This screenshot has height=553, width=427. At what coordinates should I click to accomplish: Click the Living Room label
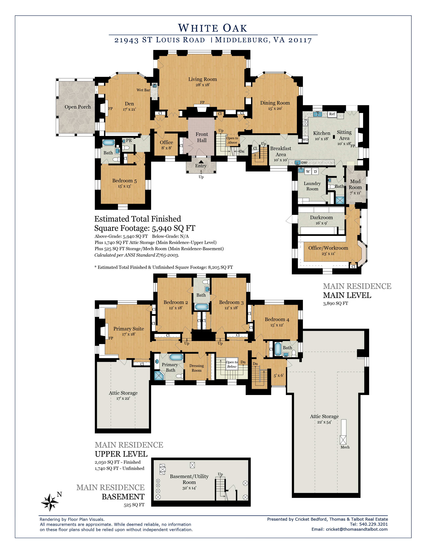[x=202, y=79]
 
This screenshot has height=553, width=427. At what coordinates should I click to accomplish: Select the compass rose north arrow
[x=50, y=502]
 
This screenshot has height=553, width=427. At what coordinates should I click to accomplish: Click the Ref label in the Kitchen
[x=332, y=114]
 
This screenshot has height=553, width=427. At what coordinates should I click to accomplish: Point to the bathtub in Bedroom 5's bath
[x=109, y=143]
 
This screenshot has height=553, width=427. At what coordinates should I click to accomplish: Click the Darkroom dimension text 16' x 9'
[x=321, y=223]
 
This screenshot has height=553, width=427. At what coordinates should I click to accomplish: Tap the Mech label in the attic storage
[x=345, y=447]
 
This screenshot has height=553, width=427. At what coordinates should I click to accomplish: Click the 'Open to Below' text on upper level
[x=232, y=364]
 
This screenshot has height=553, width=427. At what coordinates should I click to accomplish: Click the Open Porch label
[x=78, y=107]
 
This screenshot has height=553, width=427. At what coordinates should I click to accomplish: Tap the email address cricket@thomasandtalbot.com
[x=357, y=529]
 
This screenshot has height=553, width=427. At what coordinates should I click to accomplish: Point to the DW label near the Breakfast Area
[x=304, y=163]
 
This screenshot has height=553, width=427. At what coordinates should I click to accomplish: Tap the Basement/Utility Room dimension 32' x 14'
[x=189, y=488]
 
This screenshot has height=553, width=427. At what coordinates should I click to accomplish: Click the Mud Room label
[x=355, y=184]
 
